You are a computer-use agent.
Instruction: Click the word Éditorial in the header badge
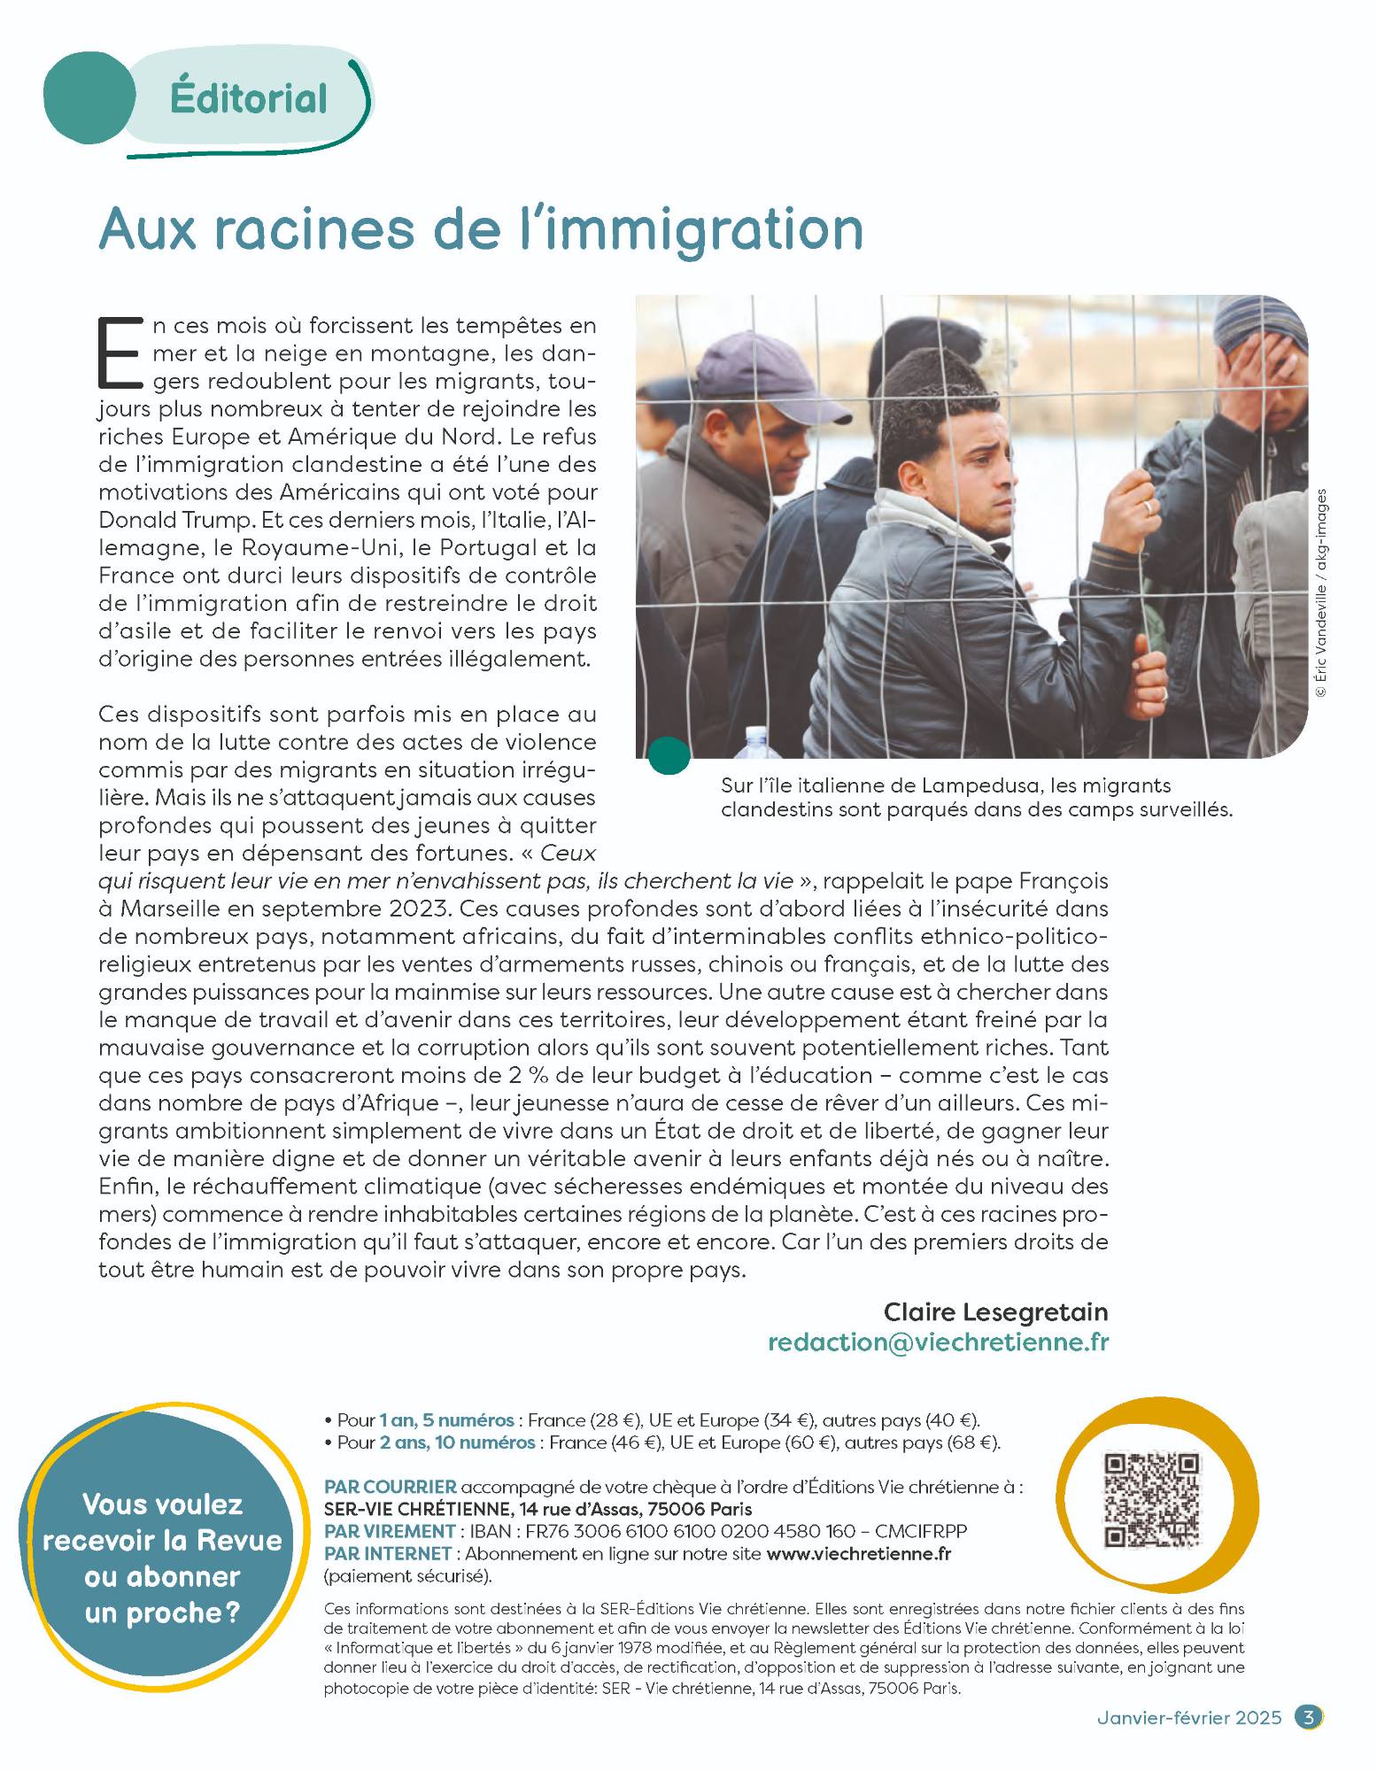click(249, 98)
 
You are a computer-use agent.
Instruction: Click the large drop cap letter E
click(117, 352)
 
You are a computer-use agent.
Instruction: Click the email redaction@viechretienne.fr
click(938, 1341)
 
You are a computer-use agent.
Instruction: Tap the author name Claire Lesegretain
click(995, 1311)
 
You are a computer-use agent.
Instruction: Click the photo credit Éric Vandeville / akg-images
click(1321, 593)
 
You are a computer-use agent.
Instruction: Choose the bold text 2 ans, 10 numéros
click(457, 1442)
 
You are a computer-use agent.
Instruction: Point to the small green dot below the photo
click(669, 754)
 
